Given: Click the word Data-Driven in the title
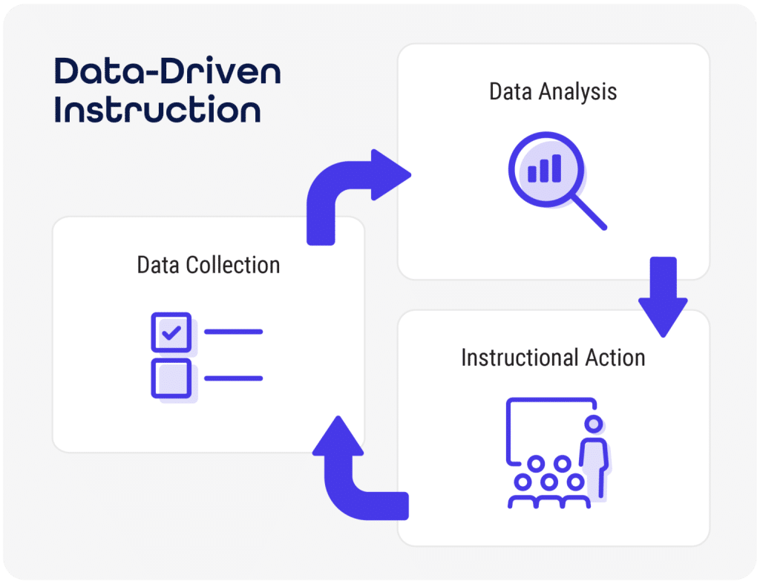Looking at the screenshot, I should click(x=167, y=73).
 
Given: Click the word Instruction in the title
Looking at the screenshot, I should click(x=157, y=110).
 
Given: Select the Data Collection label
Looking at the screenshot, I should click(x=209, y=265).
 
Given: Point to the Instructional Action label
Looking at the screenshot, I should click(x=553, y=358).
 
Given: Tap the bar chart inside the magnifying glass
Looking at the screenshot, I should click(x=544, y=170).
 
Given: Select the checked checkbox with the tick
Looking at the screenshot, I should click(x=171, y=332).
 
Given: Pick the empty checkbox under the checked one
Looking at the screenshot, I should click(x=171, y=378).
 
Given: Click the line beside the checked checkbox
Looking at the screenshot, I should click(x=233, y=332).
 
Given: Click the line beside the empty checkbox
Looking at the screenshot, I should click(x=233, y=378).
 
